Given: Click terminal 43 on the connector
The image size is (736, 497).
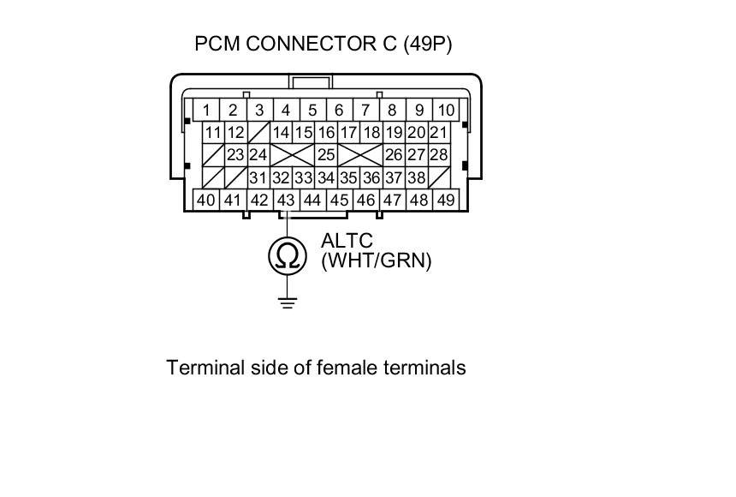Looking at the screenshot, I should [287, 201].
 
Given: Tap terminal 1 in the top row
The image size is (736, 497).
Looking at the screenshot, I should [207, 111].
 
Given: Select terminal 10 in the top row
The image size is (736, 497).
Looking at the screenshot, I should [446, 111].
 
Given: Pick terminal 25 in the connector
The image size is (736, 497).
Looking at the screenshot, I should [325, 156].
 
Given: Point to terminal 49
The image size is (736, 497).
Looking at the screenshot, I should [446, 201].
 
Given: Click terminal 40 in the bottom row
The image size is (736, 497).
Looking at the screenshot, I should [206, 201].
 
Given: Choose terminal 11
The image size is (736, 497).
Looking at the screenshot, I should [213, 133].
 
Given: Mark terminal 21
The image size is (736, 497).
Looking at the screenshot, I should [438, 133].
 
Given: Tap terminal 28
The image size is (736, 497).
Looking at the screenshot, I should [438, 156].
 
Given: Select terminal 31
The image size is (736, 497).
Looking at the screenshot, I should [258, 178].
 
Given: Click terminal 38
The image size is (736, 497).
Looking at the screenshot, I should [416, 178].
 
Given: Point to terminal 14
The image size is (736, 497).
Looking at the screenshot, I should [281, 133].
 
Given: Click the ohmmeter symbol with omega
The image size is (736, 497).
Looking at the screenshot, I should [288, 256].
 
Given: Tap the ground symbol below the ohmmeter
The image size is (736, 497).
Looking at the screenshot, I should [288, 301].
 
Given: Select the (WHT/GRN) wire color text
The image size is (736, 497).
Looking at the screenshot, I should [376, 260].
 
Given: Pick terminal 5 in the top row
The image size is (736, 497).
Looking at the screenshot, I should [313, 111].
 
